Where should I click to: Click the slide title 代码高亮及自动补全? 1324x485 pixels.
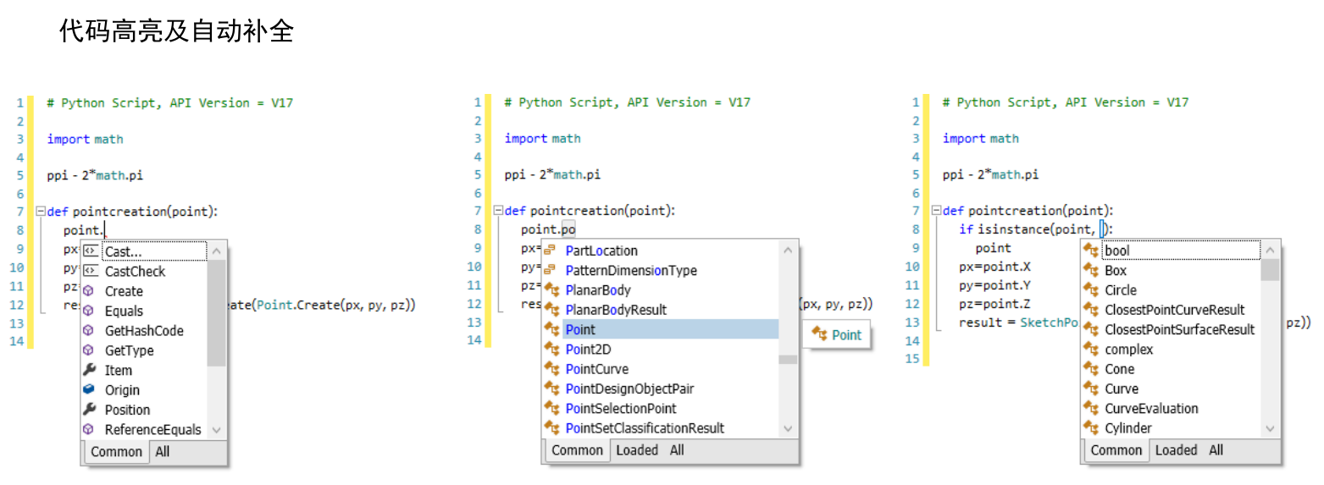(176, 30)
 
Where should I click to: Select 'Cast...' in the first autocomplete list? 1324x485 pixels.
(124, 251)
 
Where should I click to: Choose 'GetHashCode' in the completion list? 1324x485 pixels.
(144, 331)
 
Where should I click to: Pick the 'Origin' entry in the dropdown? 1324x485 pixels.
(122, 390)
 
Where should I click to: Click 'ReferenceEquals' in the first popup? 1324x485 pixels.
(153, 429)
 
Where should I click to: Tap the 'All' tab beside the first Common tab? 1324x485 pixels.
(163, 452)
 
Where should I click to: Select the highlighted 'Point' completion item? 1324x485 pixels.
(580, 329)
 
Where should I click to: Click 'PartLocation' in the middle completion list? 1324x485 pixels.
(601, 251)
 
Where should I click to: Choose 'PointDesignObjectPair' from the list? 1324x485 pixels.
(629, 389)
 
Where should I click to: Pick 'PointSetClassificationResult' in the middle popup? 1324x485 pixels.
(645, 428)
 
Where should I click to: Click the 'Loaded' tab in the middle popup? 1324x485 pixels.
(637, 450)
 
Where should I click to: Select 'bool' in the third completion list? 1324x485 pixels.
(1117, 251)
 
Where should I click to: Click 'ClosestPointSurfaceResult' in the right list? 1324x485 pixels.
(1180, 329)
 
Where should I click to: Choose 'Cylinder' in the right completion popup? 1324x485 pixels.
(1128, 428)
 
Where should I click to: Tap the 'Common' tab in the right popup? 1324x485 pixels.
(1116, 450)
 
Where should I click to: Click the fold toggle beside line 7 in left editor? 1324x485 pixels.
(41, 211)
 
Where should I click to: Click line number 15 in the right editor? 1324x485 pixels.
(912, 359)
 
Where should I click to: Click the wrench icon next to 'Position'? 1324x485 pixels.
(89, 410)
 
